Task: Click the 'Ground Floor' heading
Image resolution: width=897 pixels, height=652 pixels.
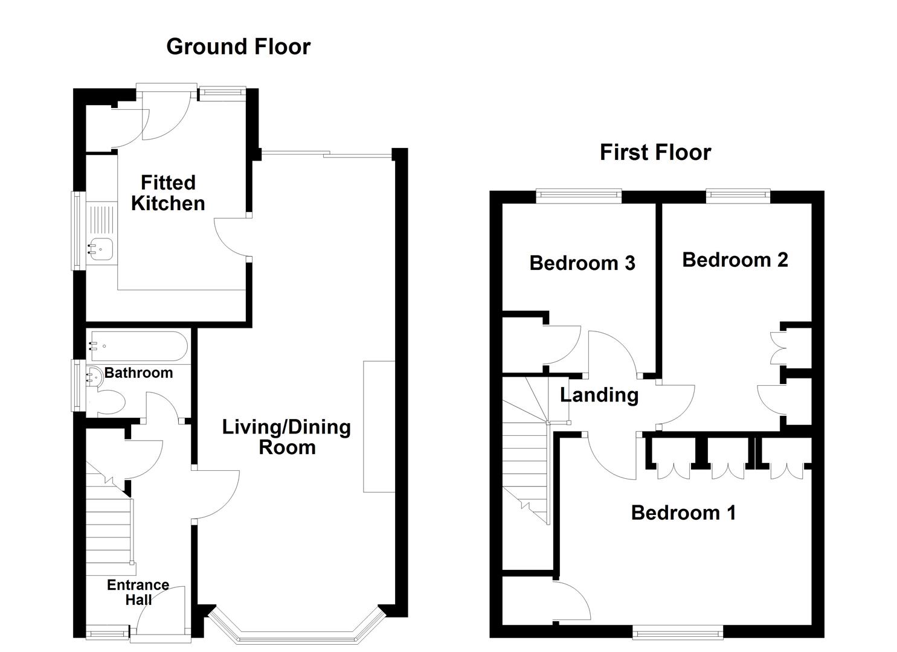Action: [x=238, y=46]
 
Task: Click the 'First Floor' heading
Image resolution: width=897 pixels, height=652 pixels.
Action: [x=655, y=152]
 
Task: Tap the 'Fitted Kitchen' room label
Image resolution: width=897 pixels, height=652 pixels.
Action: [x=168, y=193]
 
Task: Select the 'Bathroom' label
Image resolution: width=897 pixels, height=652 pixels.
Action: [x=138, y=372]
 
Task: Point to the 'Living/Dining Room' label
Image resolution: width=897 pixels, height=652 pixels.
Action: [x=286, y=437]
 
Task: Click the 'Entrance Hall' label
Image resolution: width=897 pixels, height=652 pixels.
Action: [x=138, y=592]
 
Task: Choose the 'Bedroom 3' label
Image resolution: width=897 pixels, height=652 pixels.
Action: [x=582, y=263]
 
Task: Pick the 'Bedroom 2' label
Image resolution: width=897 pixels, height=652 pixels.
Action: [x=735, y=260]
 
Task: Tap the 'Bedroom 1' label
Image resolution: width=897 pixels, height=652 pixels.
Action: [x=683, y=513]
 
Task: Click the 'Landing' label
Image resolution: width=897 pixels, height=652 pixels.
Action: [x=599, y=395]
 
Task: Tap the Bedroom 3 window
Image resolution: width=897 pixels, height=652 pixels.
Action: [x=579, y=194]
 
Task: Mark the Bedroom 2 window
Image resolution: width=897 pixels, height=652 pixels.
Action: [x=738, y=194]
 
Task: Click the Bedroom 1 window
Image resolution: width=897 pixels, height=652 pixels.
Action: [x=677, y=633]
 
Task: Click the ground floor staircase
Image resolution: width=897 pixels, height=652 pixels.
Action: [x=109, y=531]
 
